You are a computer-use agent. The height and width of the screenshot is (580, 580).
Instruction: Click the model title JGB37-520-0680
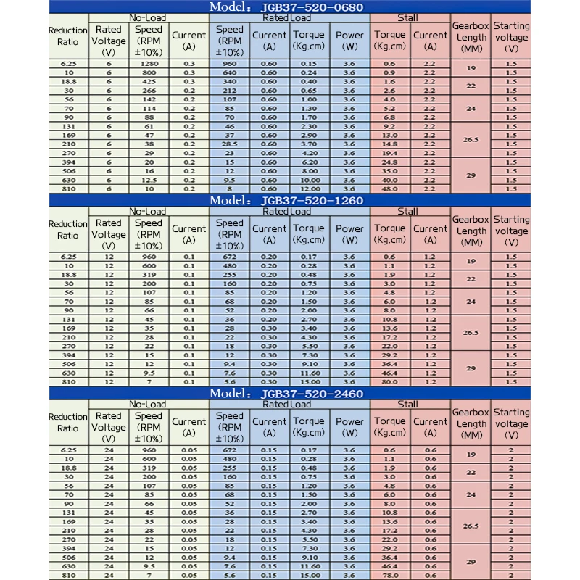[290, 7]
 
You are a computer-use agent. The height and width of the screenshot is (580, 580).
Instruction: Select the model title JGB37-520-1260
[290, 200]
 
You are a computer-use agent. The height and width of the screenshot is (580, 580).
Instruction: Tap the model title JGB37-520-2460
[290, 394]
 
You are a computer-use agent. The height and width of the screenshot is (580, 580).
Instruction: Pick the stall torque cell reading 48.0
[389, 188]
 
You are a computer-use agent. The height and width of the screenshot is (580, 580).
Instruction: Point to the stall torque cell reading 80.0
[389, 381]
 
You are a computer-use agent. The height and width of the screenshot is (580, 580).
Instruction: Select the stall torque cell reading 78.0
[389, 575]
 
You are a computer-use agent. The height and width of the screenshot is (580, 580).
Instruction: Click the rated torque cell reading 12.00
[309, 188]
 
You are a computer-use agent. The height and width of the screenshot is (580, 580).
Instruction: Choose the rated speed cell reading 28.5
[230, 144]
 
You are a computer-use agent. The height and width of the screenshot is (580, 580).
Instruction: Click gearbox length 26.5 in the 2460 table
[471, 526]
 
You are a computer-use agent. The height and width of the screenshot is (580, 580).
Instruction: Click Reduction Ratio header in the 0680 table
[67, 36]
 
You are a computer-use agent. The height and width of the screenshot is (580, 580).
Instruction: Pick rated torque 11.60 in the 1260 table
[309, 373]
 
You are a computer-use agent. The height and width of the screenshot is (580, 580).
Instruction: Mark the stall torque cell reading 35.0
[389, 171]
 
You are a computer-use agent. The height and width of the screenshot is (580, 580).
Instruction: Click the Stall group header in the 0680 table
[408, 17]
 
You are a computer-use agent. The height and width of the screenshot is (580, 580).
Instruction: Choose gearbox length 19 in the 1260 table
[471, 261]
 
